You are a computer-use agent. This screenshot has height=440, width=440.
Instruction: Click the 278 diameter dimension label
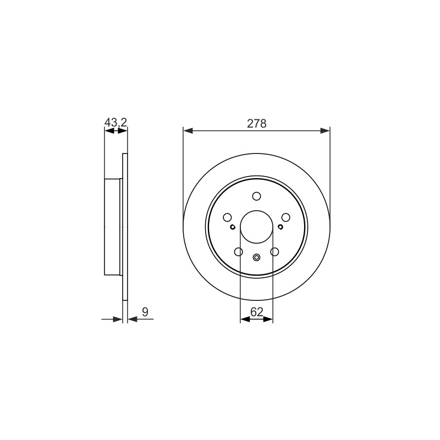click(x=256, y=123)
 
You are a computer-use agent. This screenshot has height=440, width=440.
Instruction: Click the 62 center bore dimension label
click(x=256, y=312)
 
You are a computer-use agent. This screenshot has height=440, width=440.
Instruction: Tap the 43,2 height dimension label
click(x=116, y=122)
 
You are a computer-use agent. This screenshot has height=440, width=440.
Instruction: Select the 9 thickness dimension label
click(x=145, y=312)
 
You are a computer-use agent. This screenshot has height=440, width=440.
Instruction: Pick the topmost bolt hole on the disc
click(x=256, y=196)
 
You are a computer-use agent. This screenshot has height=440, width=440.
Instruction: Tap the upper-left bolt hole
click(x=227, y=217)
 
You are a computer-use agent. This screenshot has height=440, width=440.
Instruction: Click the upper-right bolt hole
click(x=285, y=217)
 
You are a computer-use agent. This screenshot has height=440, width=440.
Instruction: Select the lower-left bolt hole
click(x=239, y=252)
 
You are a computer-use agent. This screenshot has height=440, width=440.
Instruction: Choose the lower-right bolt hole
click(x=274, y=252)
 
